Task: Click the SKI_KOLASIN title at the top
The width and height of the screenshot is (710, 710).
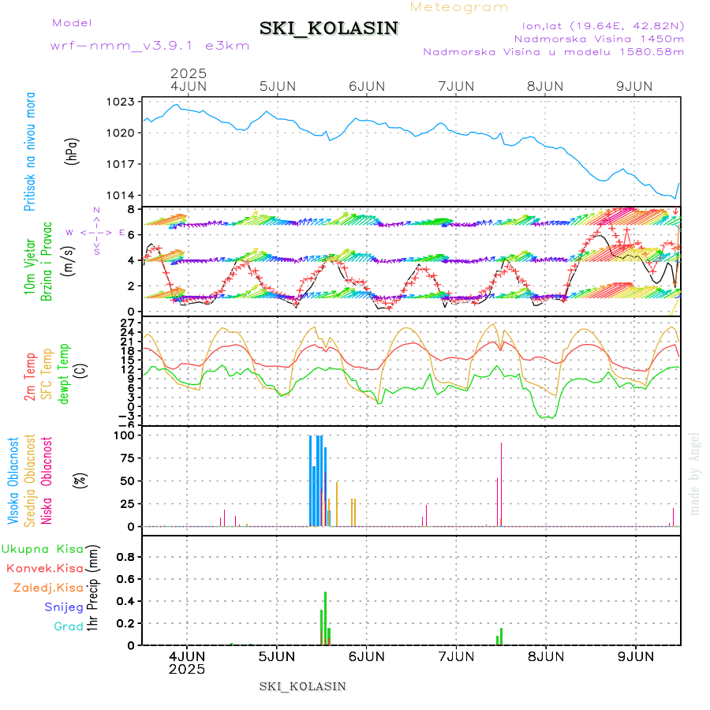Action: [x=329, y=28]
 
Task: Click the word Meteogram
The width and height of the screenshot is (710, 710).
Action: [x=459, y=7]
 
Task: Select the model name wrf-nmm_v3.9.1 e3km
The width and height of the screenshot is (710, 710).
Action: [x=150, y=45]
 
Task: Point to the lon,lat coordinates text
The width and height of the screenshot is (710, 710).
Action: [x=597, y=24]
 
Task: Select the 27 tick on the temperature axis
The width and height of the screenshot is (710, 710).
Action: [x=126, y=323]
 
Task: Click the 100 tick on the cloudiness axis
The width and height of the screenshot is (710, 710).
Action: [x=125, y=435]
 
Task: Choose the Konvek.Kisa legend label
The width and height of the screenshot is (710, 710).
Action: [x=45, y=568]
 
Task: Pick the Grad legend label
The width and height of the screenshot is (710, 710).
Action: [x=69, y=626]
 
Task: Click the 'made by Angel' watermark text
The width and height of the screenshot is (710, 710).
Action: [x=695, y=473]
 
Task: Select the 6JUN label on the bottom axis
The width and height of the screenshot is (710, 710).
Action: [x=366, y=656]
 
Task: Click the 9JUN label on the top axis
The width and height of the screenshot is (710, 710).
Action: [x=635, y=86]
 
